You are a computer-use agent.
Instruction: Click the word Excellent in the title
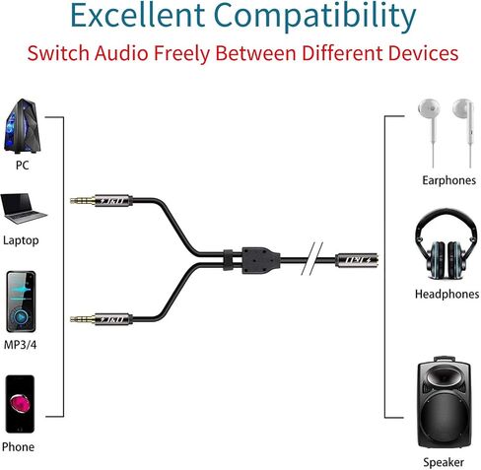click(138, 15)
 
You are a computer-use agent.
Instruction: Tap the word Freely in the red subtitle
click(181, 54)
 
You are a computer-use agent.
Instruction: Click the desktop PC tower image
click(23, 126)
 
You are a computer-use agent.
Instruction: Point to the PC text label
click(23, 165)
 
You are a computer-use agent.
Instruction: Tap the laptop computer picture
click(23, 209)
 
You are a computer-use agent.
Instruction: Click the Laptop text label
click(21, 240)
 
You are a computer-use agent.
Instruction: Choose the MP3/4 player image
click(21, 302)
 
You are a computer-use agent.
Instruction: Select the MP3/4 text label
click(20, 345)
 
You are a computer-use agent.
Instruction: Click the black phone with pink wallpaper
click(20, 404)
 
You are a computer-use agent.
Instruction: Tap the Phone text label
click(18, 446)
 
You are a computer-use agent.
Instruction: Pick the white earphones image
click(447, 132)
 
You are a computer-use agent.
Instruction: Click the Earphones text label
click(448, 180)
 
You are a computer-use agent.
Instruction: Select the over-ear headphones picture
click(447, 245)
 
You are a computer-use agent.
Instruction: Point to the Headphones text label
click(447, 294)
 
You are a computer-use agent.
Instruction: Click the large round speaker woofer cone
click(445, 416)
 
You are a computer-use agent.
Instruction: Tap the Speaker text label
click(444, 462)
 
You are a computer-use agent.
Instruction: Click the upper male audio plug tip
click(72, 200)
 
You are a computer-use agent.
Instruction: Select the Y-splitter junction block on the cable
click(261, 260)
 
